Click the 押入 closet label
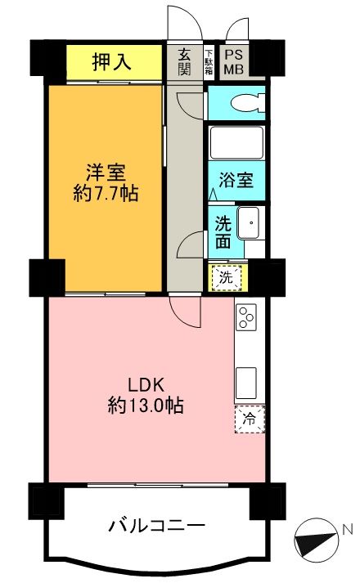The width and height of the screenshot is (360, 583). point(113,61)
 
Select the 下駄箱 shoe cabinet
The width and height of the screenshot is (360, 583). point(209,61)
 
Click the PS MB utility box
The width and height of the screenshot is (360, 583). point(234,61)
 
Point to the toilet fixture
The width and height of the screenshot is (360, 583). point(245,104)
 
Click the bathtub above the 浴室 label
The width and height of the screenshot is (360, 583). point(236,142)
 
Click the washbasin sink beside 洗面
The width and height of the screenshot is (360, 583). point(250,222)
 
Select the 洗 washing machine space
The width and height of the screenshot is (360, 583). point(227,276)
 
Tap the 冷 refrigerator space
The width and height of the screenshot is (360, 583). point(250,419)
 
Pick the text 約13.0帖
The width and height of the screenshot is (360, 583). point(145,405)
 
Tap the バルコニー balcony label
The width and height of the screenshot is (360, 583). point(155,524)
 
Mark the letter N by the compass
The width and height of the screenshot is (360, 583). point(349,530)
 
